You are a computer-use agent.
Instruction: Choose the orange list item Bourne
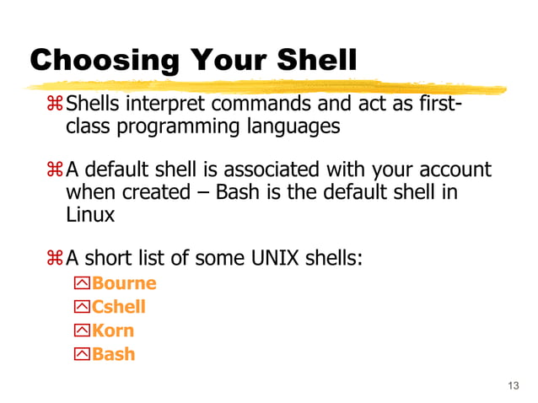(123, 283)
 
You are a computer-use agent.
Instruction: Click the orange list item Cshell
(118, 307)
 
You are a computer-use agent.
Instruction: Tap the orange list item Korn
(112, 330)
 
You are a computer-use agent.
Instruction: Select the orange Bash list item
(113, 354)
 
